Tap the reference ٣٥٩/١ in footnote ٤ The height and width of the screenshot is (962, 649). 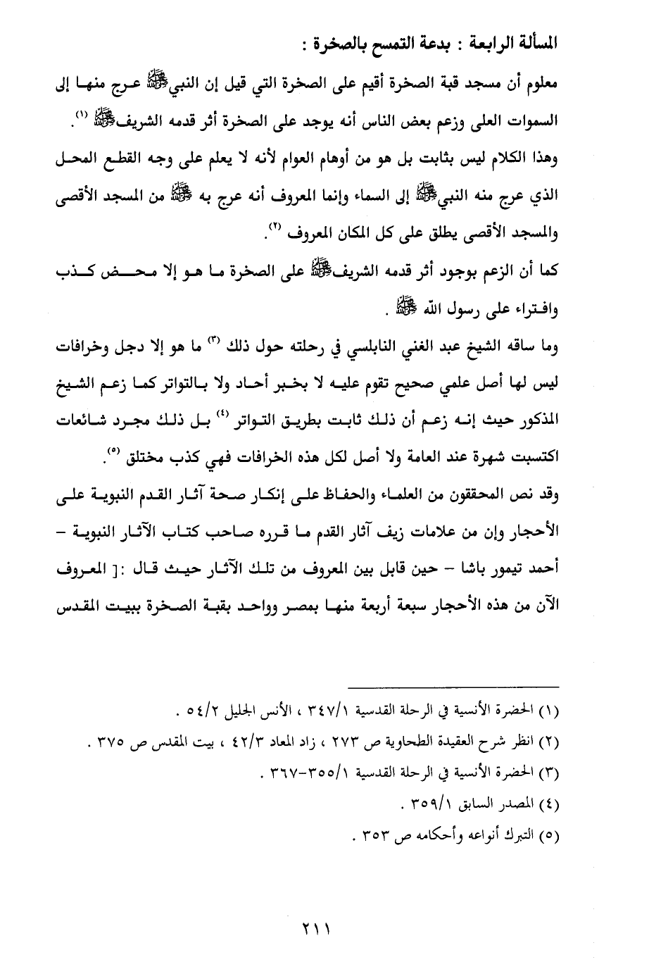click(432, 806)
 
